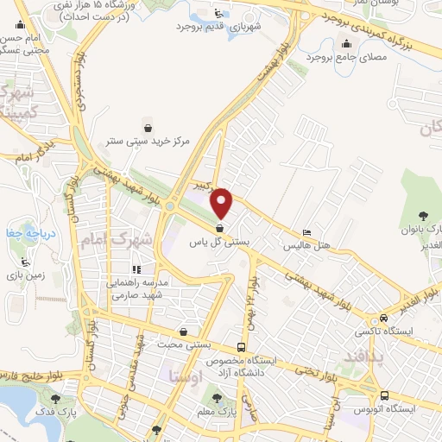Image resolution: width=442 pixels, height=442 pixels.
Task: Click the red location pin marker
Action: point(222,202)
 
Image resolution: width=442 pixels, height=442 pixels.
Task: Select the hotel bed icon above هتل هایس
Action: point(307,233)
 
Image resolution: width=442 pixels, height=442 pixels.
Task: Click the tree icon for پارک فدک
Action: point(56,399)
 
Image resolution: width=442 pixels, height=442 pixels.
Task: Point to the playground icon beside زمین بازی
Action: point(25,261)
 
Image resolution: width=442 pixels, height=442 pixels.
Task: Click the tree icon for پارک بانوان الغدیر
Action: point(422,215)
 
